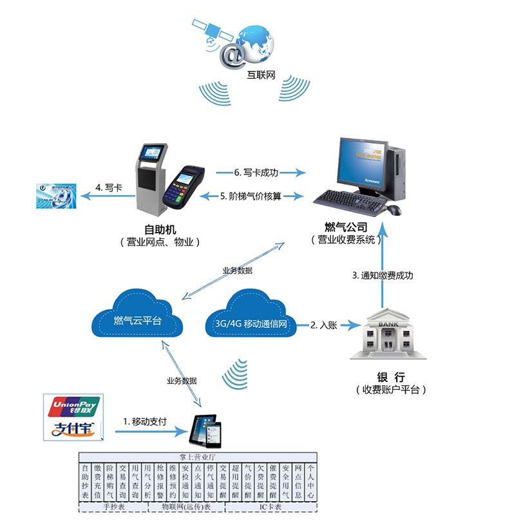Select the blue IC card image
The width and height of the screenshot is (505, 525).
(x=56, y=195)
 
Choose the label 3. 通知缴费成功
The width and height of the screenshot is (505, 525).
(x=383, y=275)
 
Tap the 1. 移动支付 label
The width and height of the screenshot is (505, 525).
(x=145, y=421)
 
